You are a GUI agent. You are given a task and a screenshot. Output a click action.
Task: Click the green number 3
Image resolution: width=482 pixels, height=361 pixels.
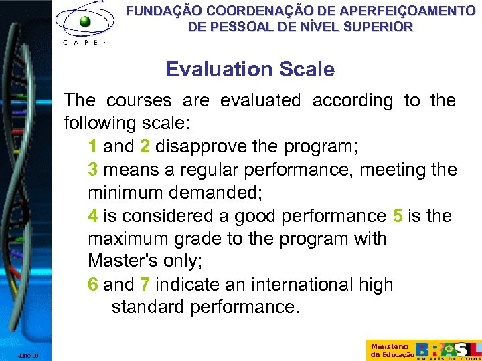pos(93,170)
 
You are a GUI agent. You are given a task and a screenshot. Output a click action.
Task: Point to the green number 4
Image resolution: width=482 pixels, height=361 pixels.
pos(93,216)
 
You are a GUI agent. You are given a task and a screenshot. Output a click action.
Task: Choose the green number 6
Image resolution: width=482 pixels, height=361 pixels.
pos(93,285)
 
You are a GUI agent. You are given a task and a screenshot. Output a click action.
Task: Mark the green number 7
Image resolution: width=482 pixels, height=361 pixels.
pos(145,285)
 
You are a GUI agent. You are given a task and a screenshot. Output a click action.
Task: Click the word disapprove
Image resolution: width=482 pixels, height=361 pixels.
pos(200,147)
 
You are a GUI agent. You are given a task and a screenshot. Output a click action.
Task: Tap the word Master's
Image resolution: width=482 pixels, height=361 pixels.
pos(120,262)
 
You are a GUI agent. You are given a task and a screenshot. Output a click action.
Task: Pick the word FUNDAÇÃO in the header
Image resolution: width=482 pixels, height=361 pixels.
pos(163,11)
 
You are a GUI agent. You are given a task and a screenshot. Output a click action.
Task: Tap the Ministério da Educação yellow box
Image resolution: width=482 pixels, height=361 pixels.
pos(388,350)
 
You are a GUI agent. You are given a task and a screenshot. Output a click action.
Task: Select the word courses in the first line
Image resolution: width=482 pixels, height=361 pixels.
pos(139,101)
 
